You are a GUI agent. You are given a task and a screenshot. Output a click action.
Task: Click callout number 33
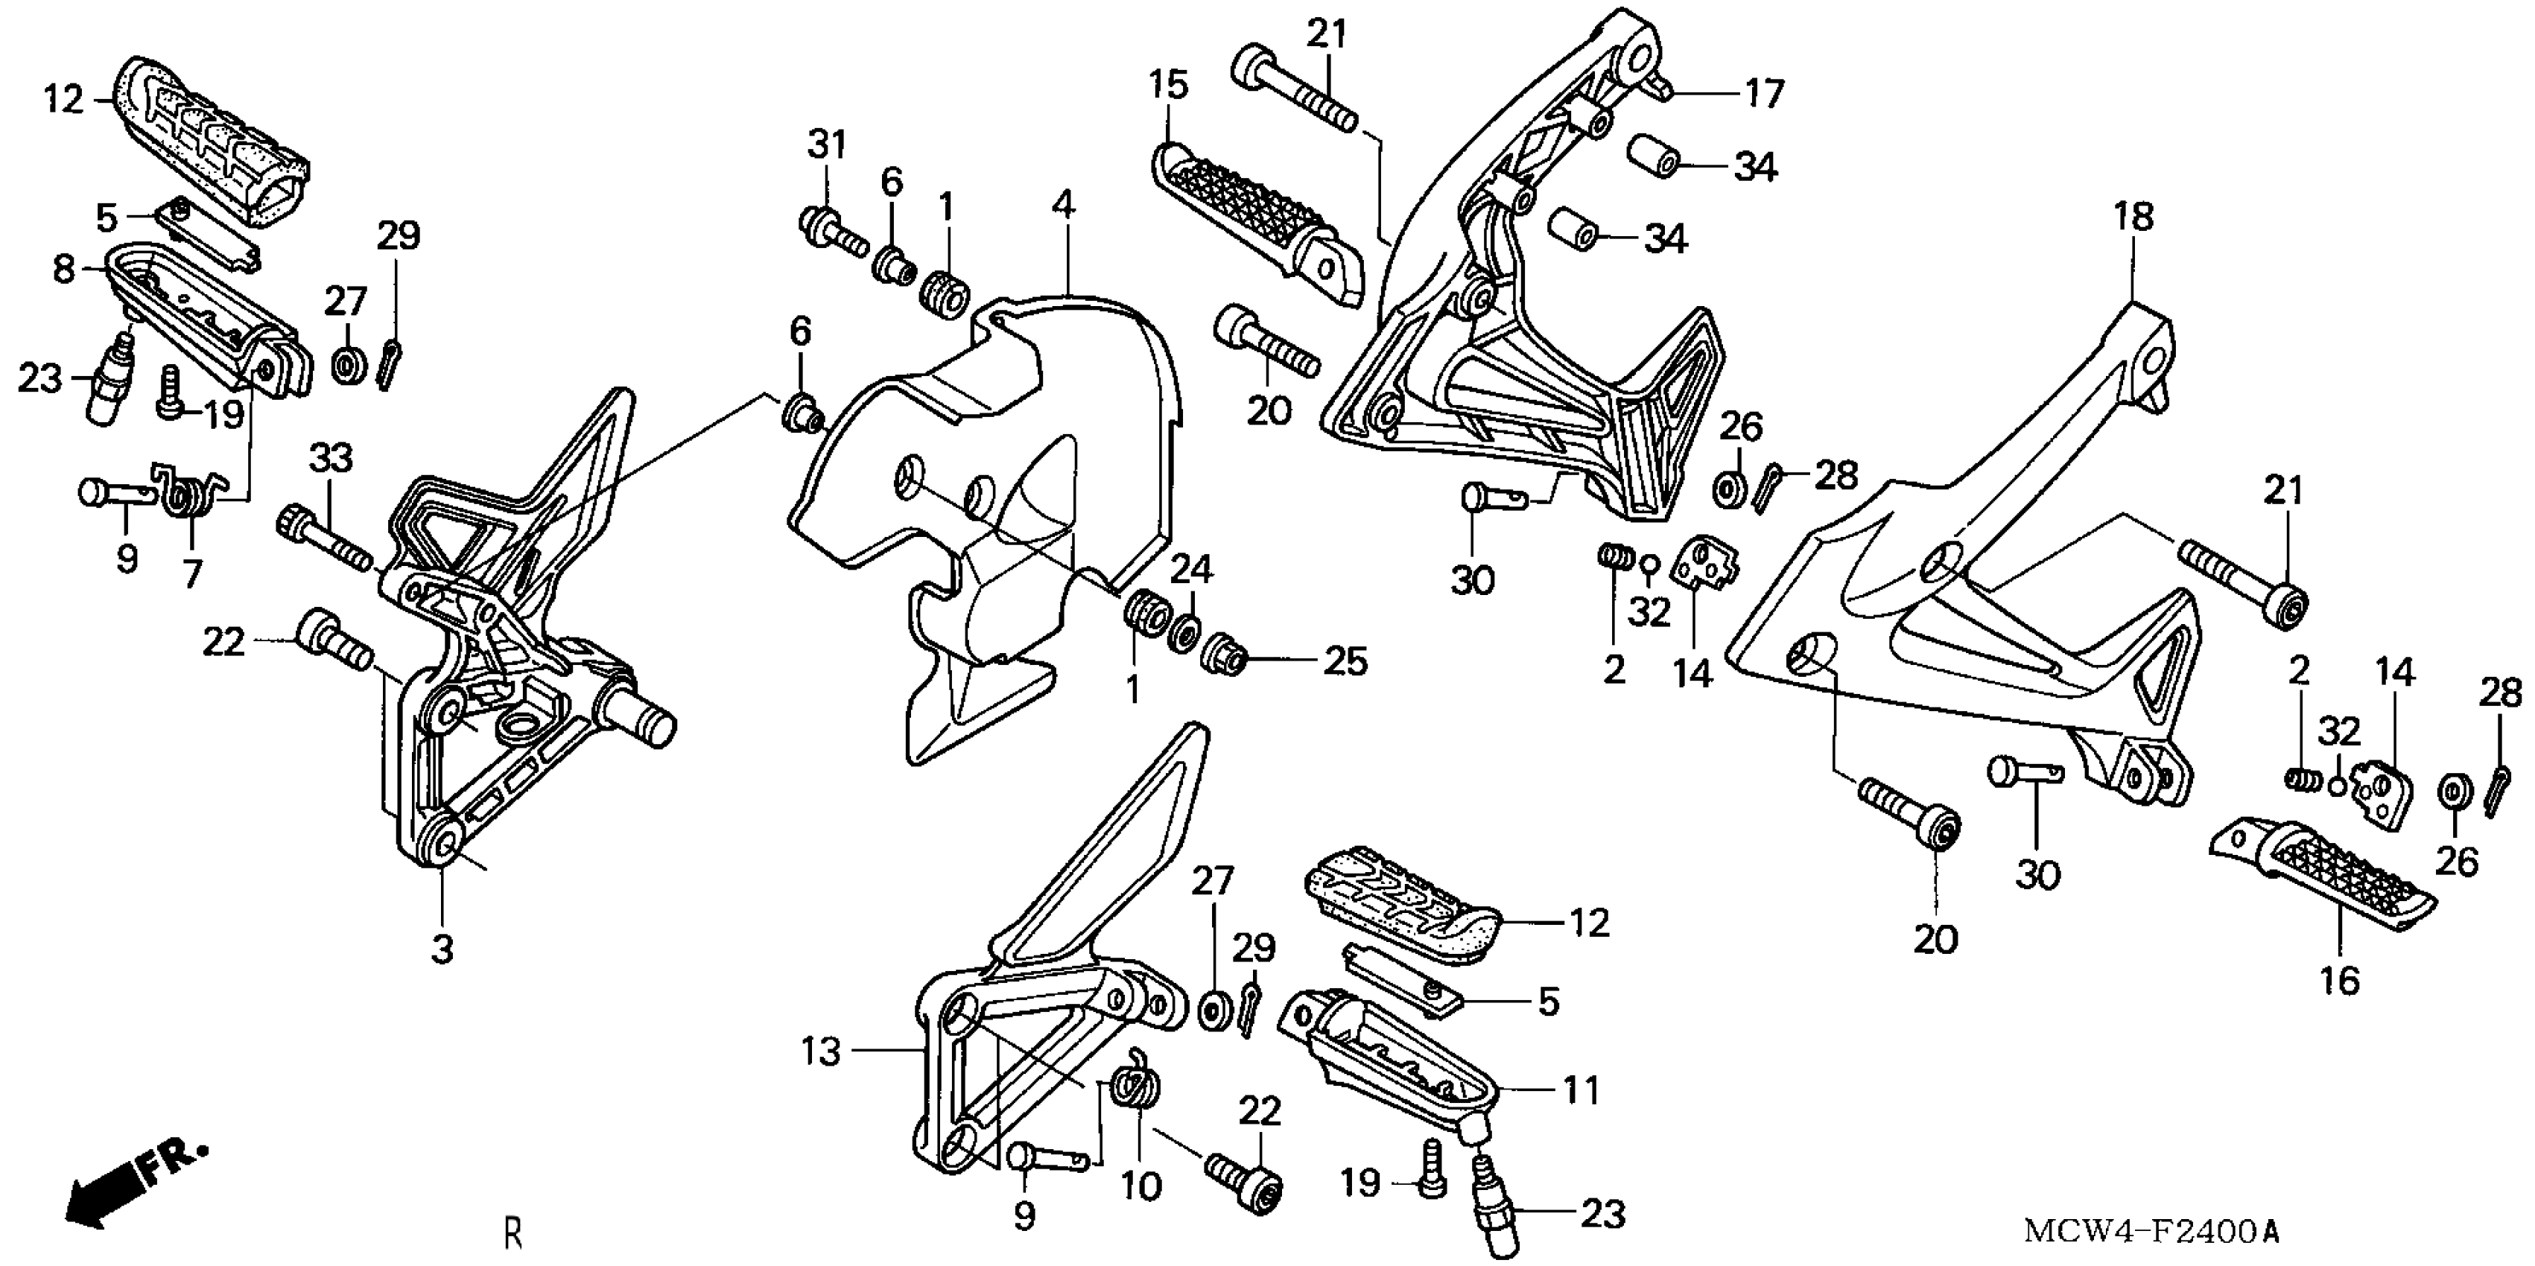(x=331, y=459)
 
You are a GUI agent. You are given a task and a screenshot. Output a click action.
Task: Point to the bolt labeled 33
(x=325, y=540)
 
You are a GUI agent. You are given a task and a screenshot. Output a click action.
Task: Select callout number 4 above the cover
(x=1063, y=205)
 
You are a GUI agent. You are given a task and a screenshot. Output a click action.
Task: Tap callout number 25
(x=1345, y=661)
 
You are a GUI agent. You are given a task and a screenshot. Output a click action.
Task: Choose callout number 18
(x=2133, y=217)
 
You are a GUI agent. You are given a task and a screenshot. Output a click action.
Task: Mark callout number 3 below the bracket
(x=442, y=949)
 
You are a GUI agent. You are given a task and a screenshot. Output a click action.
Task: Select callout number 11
(x=1581, y=1090)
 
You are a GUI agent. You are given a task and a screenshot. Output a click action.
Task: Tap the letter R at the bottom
(x=513, y=1232)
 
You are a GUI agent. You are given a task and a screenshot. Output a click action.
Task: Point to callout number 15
(x=1168, y=86)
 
